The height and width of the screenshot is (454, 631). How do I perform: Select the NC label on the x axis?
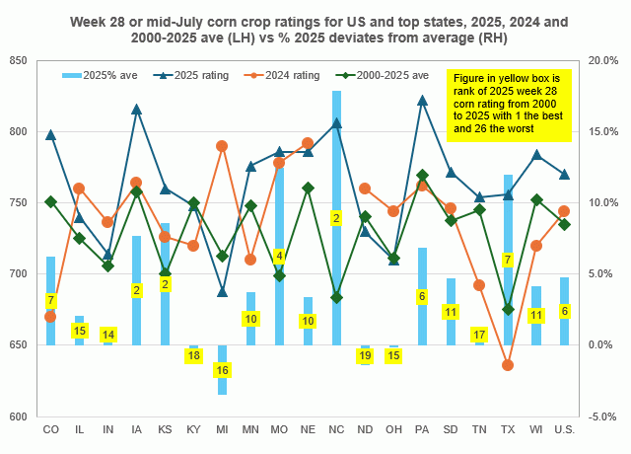336,430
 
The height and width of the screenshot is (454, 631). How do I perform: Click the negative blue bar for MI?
222,369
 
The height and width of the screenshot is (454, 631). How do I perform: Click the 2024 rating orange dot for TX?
508,365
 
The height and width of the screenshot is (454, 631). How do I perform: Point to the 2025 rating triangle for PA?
423,100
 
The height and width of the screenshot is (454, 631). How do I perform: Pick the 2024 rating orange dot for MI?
222,146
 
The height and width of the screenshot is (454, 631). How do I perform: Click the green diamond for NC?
336,297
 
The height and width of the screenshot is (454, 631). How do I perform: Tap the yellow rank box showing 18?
193,355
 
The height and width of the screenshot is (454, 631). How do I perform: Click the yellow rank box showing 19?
365,355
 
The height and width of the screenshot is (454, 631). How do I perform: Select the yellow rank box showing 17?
479,336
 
